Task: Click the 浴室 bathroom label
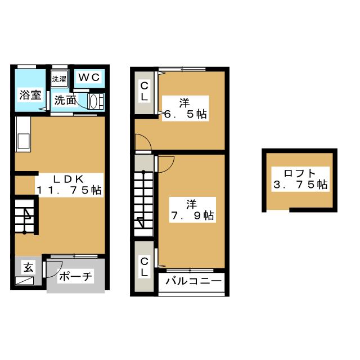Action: tap(30, 94)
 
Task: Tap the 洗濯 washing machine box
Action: tap(58, 80)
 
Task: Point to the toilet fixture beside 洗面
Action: tap(94, 102)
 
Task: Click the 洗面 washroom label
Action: tap(65, 101)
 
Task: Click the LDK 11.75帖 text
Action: tap(69, 184)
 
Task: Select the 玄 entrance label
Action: tap(28, 267)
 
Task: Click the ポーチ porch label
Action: tap(75, 277)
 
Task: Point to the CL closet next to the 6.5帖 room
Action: tap(145, 91)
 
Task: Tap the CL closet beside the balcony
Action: tap(145, 266)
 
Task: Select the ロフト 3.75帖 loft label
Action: tap(299, 178)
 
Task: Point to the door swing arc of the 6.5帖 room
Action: tap(143, 142)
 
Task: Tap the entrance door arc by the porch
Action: tap(51, 269)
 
